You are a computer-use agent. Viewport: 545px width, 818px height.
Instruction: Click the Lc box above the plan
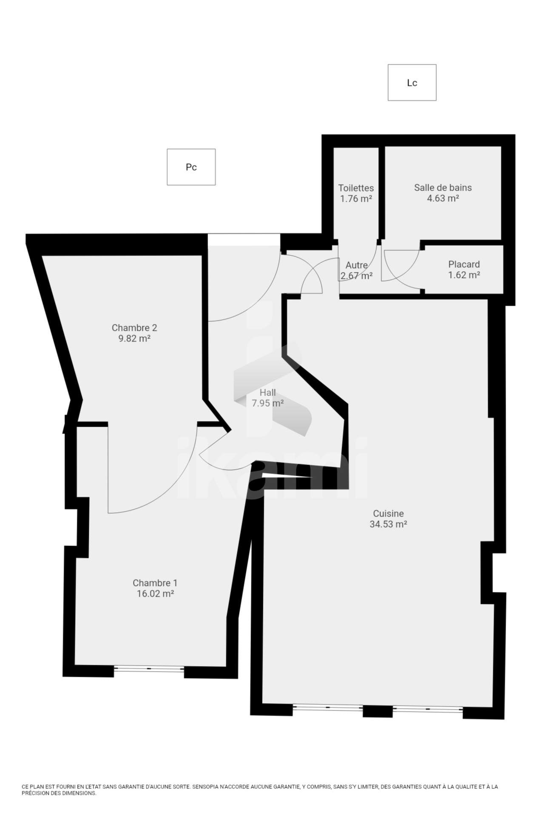[x=412, y=82]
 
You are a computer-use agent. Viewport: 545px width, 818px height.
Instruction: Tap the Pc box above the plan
[x=191, y=167]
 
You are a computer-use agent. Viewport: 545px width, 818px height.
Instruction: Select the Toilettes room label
[x=356, y=188]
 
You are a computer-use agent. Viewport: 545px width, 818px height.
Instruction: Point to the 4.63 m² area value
[x=443, y=198]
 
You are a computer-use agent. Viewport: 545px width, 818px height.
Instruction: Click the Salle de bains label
[x=443, y=187]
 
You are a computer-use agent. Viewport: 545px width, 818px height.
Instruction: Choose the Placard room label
[x=464, y=264]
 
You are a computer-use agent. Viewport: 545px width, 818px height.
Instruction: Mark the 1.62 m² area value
[x=464, y=275]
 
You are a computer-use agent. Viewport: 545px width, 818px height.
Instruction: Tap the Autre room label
[x=357, y=265]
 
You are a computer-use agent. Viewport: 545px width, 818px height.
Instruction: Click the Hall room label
[x=268, y=392]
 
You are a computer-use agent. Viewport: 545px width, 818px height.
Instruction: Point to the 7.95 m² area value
[x=268, y=403]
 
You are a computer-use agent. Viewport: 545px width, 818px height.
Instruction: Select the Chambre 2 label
[x=134, y=328]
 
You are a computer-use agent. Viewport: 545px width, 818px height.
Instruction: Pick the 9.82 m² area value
[x=134, y=338]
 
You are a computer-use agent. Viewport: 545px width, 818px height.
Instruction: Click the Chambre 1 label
[x=155, y=583]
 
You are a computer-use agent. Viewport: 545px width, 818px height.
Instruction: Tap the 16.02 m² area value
[x=155, y=594]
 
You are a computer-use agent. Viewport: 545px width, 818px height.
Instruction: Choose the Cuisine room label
[x=389, y=514]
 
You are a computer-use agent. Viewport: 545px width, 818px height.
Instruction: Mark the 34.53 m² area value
[x=389, y=524]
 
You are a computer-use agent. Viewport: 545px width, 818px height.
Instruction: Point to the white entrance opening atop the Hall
[x=244, y=239]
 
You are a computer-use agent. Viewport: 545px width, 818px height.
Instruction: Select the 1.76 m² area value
[x=356, y=199]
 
